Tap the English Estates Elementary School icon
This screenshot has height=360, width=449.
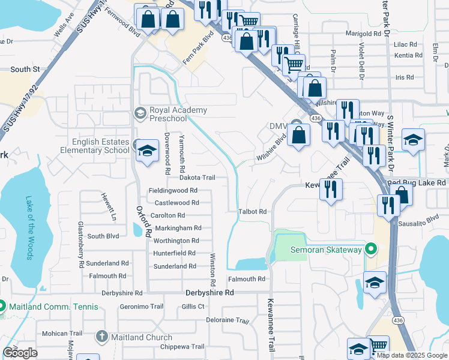coord(145,150)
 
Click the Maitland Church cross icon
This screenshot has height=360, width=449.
coord(102,337)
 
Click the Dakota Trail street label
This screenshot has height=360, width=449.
coord(197,178)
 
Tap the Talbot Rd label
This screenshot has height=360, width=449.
coord(252,212)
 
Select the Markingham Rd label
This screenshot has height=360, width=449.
coord(178,229)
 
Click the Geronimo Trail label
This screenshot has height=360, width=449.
coord(142,306)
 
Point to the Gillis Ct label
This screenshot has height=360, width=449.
coord(193,306)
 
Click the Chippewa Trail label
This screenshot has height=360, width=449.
coord(182,347)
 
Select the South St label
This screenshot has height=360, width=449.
coord(25,70)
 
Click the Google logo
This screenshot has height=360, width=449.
coord(20,353)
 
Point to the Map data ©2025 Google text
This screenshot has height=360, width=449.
coord(412,355)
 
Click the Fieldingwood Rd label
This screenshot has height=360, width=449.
coord(173,191)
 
